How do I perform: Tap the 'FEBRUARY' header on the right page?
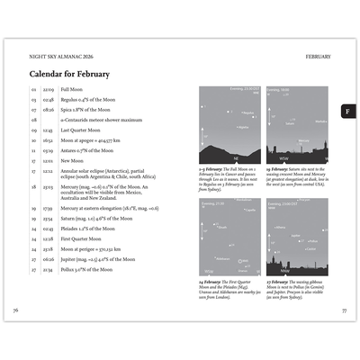click(318, 56)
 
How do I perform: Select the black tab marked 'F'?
click(346, 111)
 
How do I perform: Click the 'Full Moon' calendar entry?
click(72, 90)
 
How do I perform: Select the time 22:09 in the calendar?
click(48, 90)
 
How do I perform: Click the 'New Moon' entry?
click(72, 159)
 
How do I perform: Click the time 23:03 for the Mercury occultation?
click(48, 186)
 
